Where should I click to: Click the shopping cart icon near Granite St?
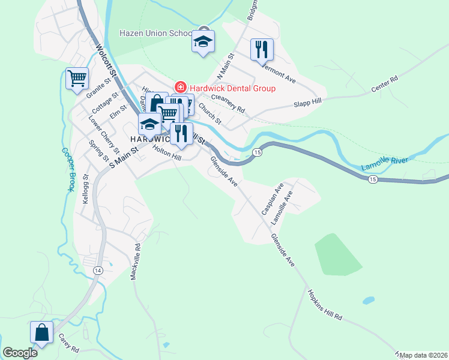(77, 78)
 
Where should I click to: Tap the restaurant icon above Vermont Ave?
(262, 50)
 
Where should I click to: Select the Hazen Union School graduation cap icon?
(203, 41)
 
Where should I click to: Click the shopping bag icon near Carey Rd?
(41, 332)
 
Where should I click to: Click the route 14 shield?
(97, 271)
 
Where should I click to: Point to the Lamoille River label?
(384, 163)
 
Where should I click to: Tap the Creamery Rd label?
(228, 104)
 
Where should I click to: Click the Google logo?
(20, 353)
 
